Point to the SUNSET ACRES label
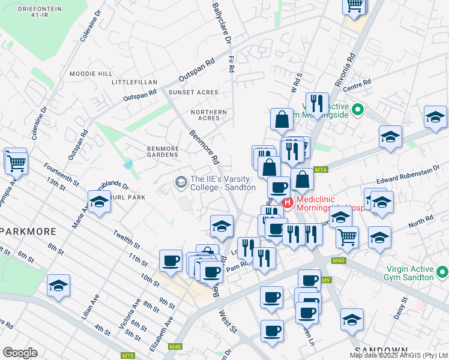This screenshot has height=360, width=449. [193, 92]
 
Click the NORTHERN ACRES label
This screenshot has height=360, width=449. [209, 115]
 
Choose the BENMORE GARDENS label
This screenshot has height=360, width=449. [163, 151]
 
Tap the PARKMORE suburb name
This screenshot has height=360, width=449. [28, 231]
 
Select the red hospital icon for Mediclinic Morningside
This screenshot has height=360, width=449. [288, 203]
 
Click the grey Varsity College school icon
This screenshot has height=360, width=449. [180, 181]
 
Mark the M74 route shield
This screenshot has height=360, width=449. [319, 170]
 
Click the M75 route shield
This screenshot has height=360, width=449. [128, 355]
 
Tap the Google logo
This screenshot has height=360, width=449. [20, 352]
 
